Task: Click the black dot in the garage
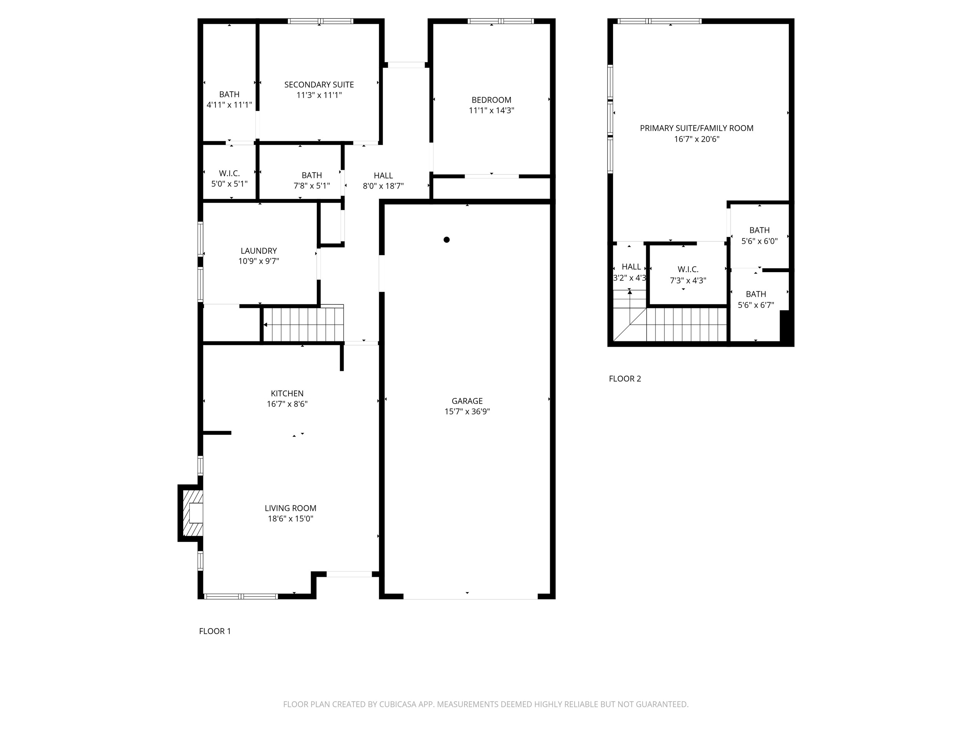click(446, 240)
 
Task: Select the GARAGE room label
click(467, 401)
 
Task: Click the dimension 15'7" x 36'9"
click(467, 412)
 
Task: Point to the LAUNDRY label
click(259, 250)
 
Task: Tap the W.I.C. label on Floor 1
click(229, 173)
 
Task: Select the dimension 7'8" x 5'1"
click(311, 186)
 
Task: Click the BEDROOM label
click(491, 100)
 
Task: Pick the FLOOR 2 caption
click(624, 379)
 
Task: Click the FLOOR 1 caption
click(215, 631)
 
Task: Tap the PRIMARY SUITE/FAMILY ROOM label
click(696, 128)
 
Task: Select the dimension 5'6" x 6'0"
click(759, 241)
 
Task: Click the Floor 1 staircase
click(303, 325)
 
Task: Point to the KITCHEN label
click(287, 393)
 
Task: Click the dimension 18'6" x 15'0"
click(290, 519)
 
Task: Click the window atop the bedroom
click(500, 21)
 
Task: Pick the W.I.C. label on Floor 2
click(688, 269)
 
